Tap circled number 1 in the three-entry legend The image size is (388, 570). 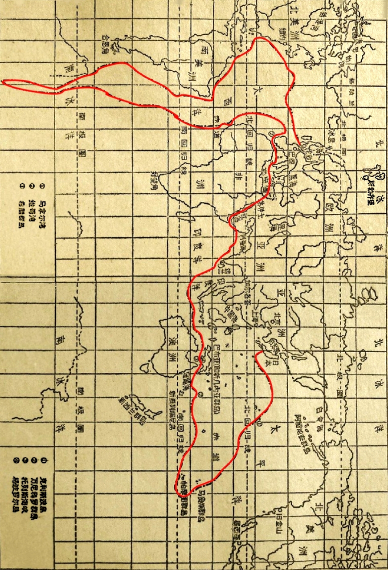pyautogui.click(x=43, y=185)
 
